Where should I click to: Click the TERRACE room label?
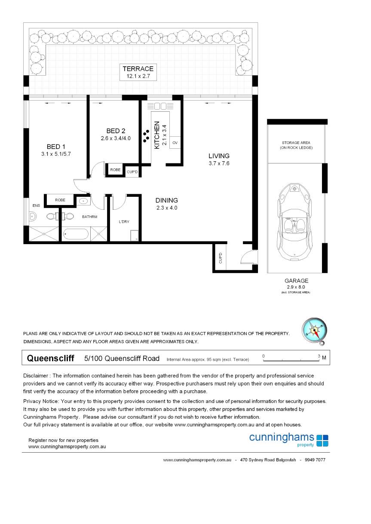coord(138,69)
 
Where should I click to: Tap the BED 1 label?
coord(53,147)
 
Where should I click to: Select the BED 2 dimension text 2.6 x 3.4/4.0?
coord(115,138)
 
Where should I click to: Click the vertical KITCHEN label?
coord(157,135)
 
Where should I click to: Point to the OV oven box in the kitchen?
coord(175,142)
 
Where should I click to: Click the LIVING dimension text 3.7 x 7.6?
coord(219,163)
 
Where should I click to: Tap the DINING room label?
coord(166,200)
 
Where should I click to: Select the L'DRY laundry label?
coord(124,222)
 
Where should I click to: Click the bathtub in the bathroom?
coord(76,234)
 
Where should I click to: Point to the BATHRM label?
coord(90,217)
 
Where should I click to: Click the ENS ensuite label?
coord(36,205)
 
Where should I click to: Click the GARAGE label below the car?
coord(297,281)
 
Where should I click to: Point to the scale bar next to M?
coord(291,358)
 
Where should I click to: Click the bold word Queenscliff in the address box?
coord(50,358)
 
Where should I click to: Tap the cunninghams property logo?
coord(288,439)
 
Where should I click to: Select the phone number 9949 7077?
coord(315,460)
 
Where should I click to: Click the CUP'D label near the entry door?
coord(220,258)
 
